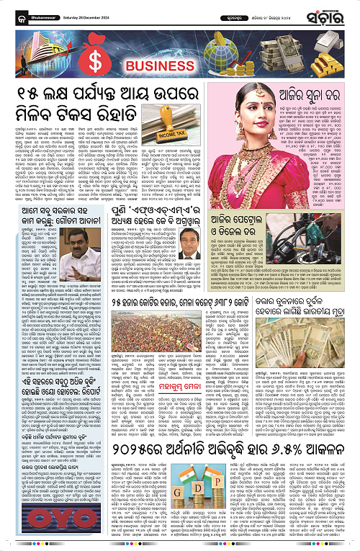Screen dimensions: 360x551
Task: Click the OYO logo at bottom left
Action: click(x=29, y=529)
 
